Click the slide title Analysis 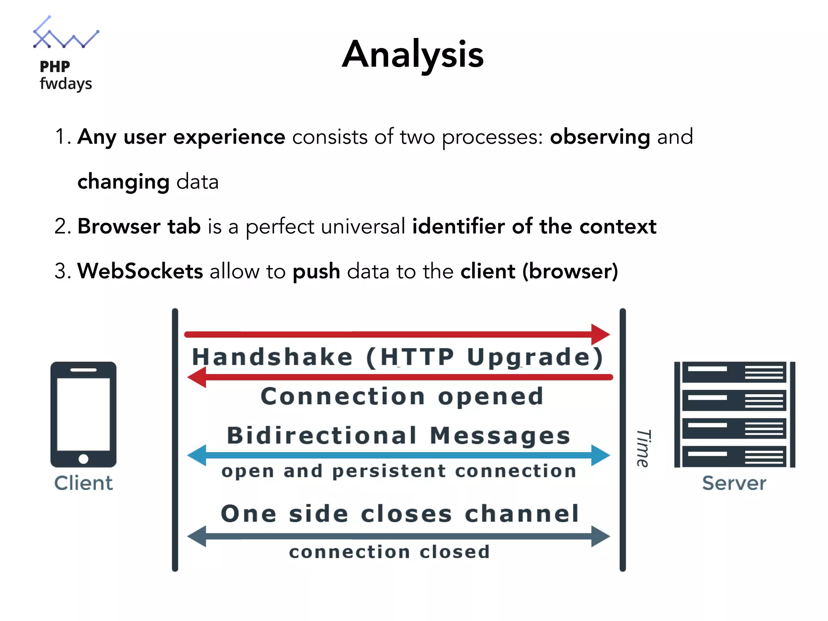tap(413, 54)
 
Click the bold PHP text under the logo tap(55, 66)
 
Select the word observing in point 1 tap(600, 137)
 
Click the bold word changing tap(123, 182)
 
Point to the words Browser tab tap(139, 226)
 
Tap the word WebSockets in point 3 tap(140, 271)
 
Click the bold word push tap(316, 271)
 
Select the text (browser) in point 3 tap(570, 271)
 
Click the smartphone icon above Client tap(83, 414)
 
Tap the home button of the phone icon tap(83, 459)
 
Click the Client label tap(83, 483)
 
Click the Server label tap(734, 483)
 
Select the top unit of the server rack tap(734, 372)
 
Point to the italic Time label tap(643, 448)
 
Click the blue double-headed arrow tap(398, 455)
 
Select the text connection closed tap(389, 552)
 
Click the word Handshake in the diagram tap(272, 357)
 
